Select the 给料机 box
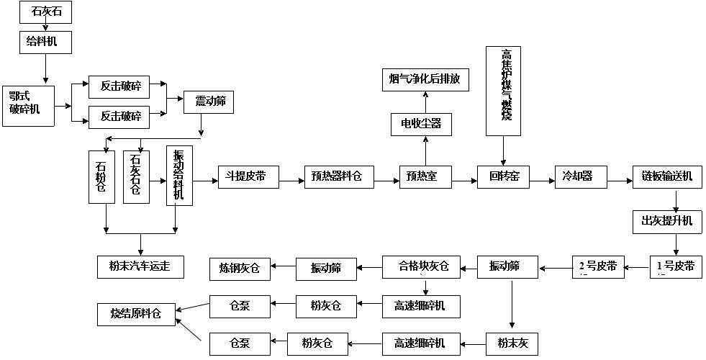click(46, 42)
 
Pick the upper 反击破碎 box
click(120, 87)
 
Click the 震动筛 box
click(209, 102)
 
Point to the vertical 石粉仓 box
click(101, 177)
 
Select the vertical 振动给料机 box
click(179, 176)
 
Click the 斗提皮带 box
click(248, 176)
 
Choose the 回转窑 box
click(503, 176)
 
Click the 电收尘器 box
click(416, 124)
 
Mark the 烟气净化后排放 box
click(425, 79)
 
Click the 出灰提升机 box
click(667, 220)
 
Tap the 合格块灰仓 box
click(425, 267)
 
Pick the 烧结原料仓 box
click(137, 314)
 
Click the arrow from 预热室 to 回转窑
click(463, 177)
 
